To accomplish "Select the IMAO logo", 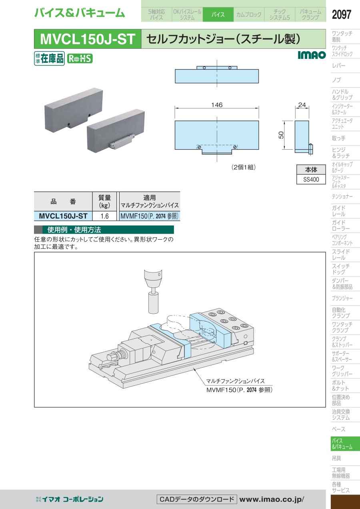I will click(312, 55).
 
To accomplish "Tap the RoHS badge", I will click(80, 58).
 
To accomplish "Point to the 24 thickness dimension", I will click(302, 105).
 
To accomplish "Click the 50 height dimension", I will click(282, 135).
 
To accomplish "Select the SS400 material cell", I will click(311, 180).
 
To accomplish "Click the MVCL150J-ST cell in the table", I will click(63, 216).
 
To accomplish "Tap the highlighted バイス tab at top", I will click(218, 15).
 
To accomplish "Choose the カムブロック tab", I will click(248, 15).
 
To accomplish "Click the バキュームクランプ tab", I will click(310, 15).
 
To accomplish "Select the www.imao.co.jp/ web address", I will click(272, 499).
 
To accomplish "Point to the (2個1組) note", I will click(243, 167).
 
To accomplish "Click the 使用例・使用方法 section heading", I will click(74, 230).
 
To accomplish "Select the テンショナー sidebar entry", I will click(342, 196).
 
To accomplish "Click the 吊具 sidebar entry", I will click(336, 458).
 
